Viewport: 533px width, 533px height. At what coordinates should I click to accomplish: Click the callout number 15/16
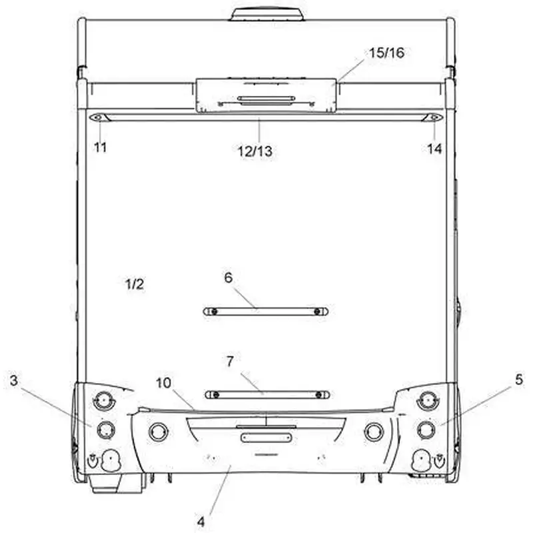coord(386,53)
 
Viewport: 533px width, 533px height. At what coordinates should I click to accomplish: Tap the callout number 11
coord(101,147)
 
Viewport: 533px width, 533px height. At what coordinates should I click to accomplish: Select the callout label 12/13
coord(255,151)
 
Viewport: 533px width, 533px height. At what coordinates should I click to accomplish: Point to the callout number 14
coord(434,149)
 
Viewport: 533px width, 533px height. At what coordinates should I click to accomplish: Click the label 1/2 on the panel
coord(135,284)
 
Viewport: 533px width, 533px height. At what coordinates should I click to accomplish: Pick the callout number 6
coord(229,278)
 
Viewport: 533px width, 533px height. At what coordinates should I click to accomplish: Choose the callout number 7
coord(230,361)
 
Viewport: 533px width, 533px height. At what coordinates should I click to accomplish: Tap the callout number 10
coord(163,383)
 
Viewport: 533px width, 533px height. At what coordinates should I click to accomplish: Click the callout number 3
coord(13,380)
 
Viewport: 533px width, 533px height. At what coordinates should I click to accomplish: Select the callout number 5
coord(519,379)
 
